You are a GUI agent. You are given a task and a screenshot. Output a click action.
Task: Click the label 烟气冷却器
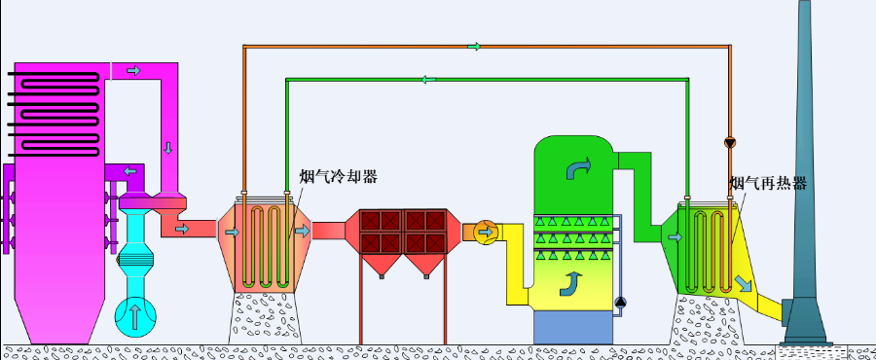coord(338,176)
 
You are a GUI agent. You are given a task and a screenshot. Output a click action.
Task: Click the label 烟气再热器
coord(768,183)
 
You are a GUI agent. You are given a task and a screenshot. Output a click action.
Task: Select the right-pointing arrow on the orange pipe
coord(474,46)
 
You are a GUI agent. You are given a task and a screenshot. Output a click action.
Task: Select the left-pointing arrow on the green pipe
coord(429,80)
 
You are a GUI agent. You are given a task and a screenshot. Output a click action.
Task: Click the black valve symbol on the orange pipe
coord(731,143)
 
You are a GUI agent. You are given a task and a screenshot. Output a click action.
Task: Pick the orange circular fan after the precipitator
coord(486,232)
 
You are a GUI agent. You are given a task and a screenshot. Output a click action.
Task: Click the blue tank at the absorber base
coord(574,326)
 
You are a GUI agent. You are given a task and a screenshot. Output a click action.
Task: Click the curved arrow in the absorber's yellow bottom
coord(568,284)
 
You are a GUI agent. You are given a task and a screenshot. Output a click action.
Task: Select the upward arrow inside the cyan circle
coord(135,315)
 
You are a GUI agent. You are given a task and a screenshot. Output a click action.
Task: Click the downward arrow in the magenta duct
coord(167,148)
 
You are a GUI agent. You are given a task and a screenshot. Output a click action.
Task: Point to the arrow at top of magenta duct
coord(133,70)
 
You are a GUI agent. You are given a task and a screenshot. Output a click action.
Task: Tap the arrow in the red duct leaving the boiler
coord(181,229)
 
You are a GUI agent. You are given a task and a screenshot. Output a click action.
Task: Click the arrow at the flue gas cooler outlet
coord(303,232)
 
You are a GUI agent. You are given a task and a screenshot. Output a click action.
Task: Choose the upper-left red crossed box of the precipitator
coord(375,221)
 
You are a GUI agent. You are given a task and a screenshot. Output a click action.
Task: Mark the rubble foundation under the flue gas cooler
coord(263,316)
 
